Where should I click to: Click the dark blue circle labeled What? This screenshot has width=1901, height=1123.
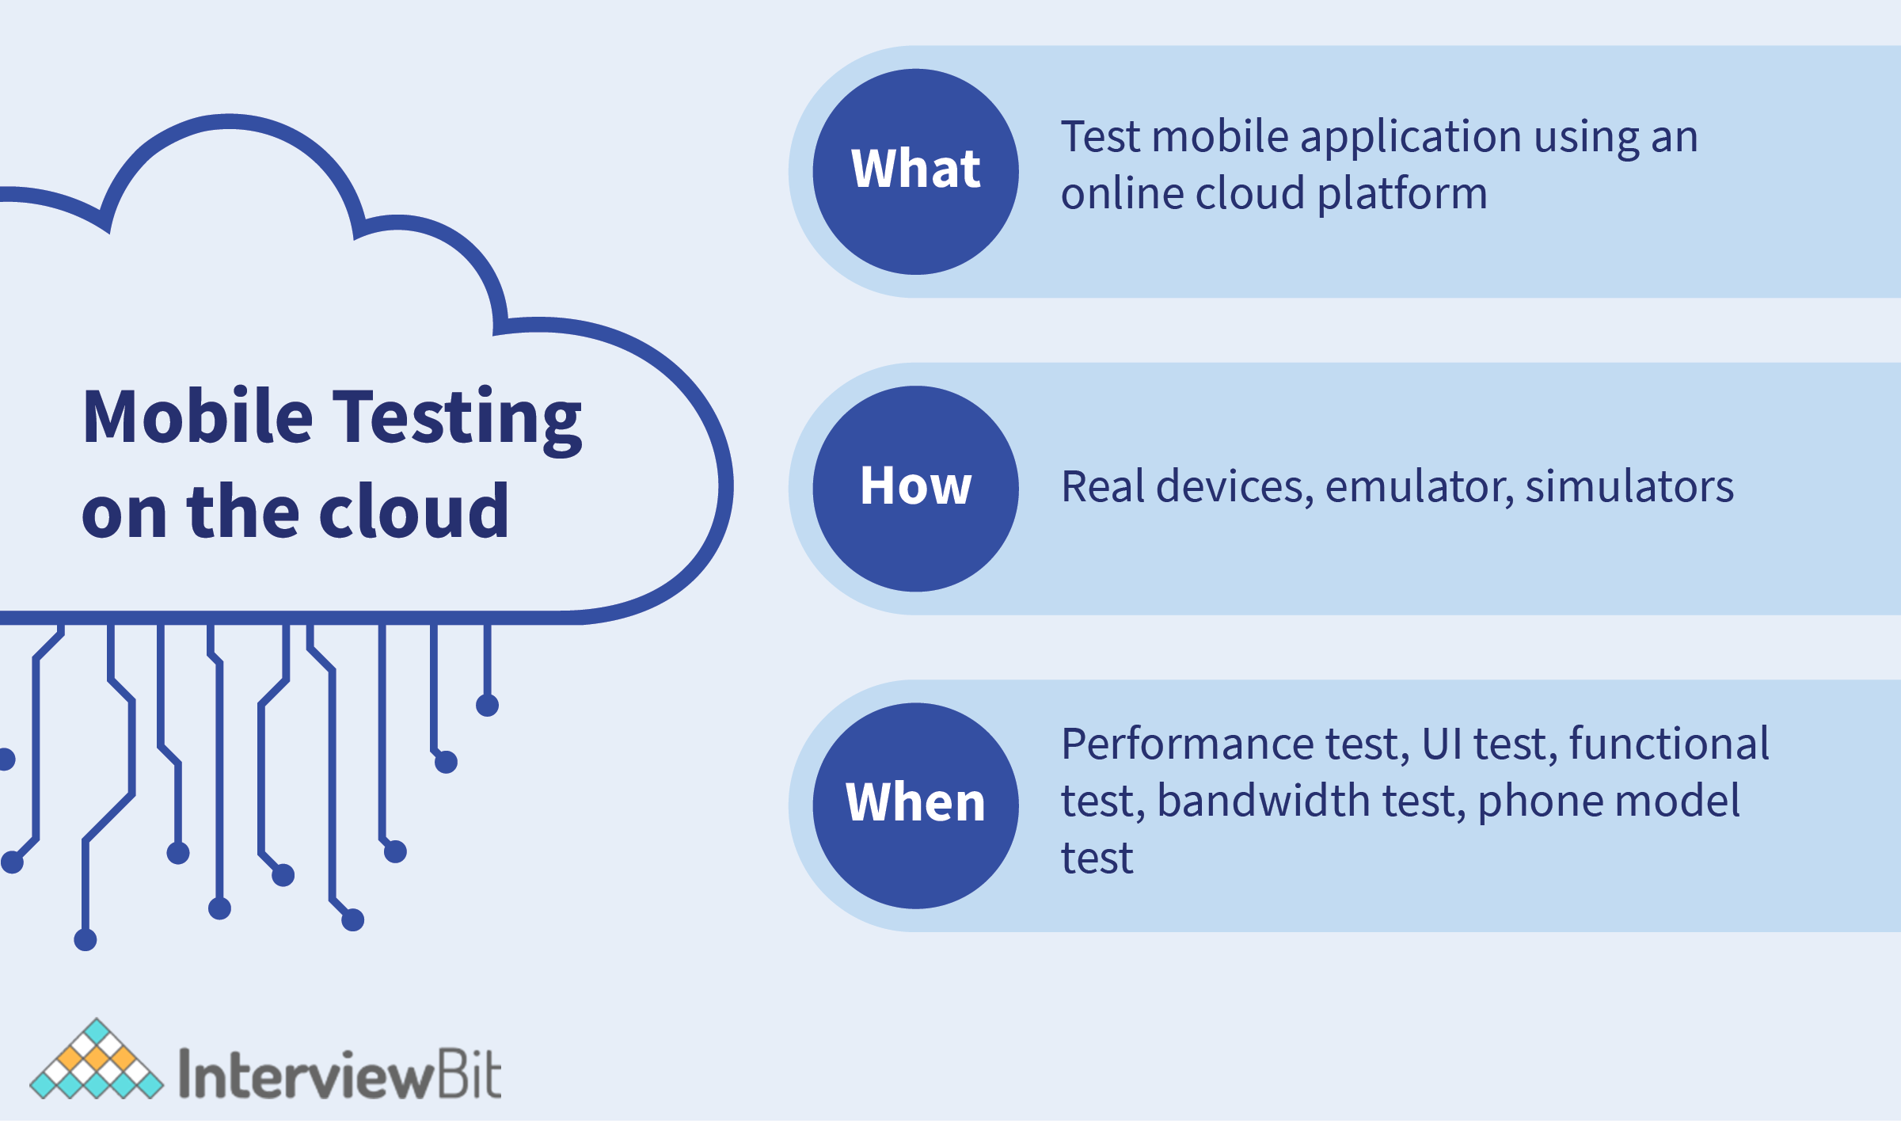click(915, 172)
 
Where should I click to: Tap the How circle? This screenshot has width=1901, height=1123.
click(915, 489)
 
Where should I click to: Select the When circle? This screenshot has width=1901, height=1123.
click(915, 805)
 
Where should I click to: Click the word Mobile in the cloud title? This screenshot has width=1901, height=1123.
click(198, 417)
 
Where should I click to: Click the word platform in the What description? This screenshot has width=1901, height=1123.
click(1402, 195)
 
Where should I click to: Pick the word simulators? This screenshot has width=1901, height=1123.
click(1629, 486)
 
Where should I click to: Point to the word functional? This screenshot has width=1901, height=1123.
click(1669, 744)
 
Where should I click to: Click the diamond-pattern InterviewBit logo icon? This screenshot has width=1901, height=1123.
click(97, 1059)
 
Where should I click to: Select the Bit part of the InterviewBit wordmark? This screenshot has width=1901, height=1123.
click(468, 1074)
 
